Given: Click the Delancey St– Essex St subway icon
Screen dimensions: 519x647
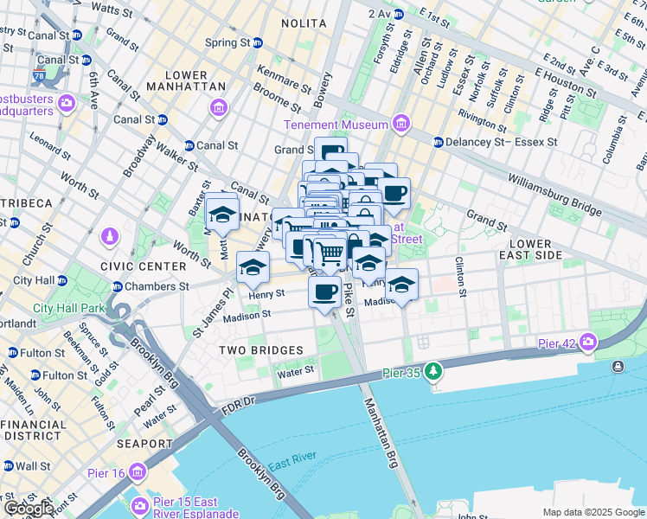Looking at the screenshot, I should pyautogui.click(x=439, y=142).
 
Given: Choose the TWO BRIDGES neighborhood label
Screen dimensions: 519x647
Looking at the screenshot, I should pyautogui.click(x=260, y=350).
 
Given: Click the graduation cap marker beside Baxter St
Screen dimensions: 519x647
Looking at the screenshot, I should pyautogui.click(x=222, y=213).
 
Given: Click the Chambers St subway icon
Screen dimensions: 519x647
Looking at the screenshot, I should pyautogui.click(x=118, y=286).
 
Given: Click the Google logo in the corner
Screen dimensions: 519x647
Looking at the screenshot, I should pyautogui.click(x=29, y=509).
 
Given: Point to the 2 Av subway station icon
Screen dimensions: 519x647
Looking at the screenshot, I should pyautogui.click(x=398, y=15).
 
